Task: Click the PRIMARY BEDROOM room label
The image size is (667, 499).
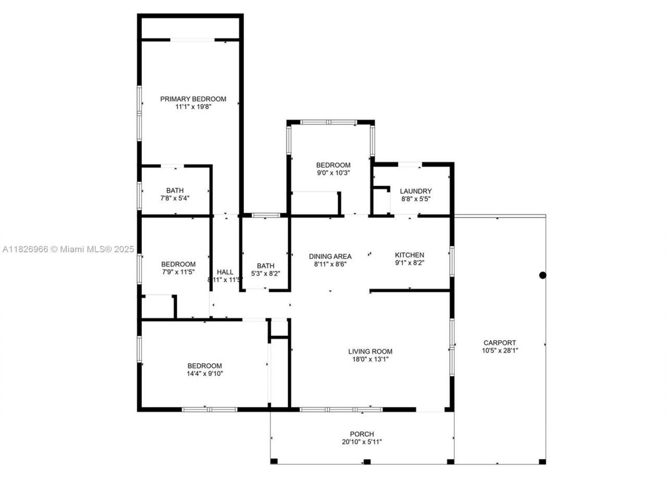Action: pyautogui.click(x=193, y=99)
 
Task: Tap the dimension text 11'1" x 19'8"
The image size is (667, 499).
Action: pyautogui.click(x=193, y=107)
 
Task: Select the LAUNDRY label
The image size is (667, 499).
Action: pyautogui.click(x=415, y=191)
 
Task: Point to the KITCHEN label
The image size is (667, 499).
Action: pyautogui.click(x=409, y=255)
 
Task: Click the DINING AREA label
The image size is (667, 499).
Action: pyautogui.click(x=330, y=256)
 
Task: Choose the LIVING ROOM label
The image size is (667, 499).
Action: pyautogui.click(x=370, y=352)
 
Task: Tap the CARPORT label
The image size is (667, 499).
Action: pyautogui.click(x=499, y=343)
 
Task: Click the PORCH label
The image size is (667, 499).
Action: pyautogui.click(x=362, y=434)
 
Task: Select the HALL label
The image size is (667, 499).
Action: pyautogui.click(x=225, y=272)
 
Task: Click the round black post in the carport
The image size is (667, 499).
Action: pyautogui.click(x=542, y=275)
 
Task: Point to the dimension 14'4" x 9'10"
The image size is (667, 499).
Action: pyautogui.click(x=204, y=373)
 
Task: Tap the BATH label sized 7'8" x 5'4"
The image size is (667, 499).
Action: pyautogui.click(x=175, y=191)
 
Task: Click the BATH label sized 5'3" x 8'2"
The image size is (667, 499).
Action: pyautogui.click(x=265, y=266)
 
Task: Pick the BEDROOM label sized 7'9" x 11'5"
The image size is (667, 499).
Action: pyautogui.click(x=178, y=264)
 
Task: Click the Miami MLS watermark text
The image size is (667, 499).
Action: pyautogui.click(x=68, y=250)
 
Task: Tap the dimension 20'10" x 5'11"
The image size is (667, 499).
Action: pyautogui.click(x=362, y=442)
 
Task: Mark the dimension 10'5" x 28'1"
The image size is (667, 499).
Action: pyautogui.click(x=499, y=351)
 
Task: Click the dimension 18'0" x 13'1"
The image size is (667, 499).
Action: pyautogui.click(x=370, y=359)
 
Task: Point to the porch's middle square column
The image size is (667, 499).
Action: pyautogui.click(x=367, y=461)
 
